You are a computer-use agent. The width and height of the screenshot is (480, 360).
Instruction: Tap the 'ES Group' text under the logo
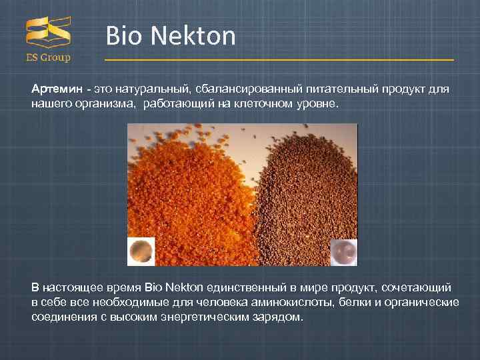tap(48, 58)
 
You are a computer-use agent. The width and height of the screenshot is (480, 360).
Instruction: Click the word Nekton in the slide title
tap(193, 36)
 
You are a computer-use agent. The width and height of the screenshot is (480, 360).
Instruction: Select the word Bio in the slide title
tap(124, 36)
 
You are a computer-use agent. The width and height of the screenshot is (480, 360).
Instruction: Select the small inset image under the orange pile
tap(141, 251)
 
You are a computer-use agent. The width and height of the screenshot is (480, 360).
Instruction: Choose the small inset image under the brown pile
tap(344, 252)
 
